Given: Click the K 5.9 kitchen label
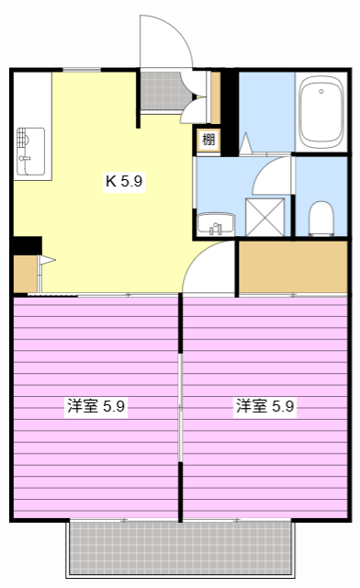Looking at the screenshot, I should click(x=123, y=181).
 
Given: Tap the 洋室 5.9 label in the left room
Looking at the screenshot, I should click(x=96, y=405).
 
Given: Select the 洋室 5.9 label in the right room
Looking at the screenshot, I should click(x=264, y=405).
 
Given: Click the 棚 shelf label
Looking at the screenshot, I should click(x=209, y=141).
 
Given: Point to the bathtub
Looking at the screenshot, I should click(x=321, y=112).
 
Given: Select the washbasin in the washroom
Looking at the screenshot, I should click(x=215, y=223).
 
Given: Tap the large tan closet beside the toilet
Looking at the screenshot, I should click(x=293, y=267).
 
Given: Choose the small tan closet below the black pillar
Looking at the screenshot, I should click(x=25, y=274).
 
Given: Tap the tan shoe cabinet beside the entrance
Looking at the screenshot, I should click(x=216, y=96).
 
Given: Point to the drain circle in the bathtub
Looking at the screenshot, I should click(x=321, y=91).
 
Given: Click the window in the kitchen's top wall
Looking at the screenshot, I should click(x=82, y=69).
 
